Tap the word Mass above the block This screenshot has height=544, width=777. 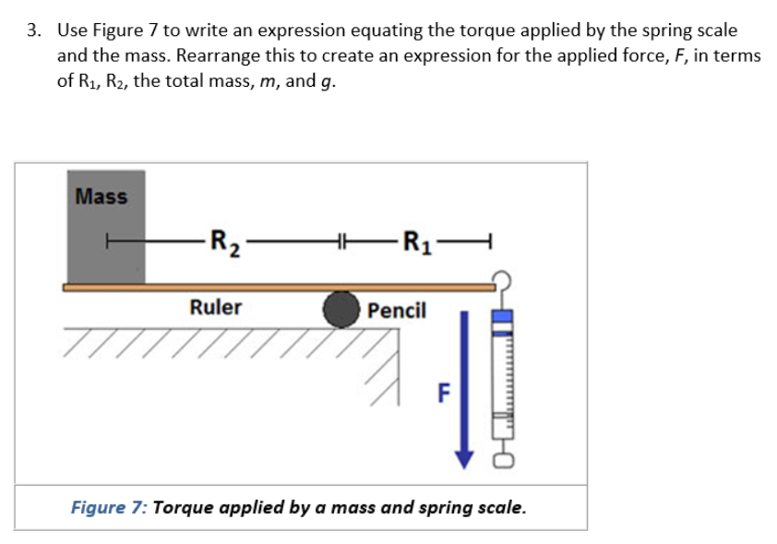pos(102,196)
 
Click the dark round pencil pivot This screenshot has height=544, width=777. pos(341,310)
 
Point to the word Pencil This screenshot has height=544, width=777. pos(397,310)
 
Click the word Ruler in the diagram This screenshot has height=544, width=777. pos(215,307)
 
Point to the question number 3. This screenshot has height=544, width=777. pos(34,30)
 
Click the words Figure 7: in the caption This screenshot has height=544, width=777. pos(110,507)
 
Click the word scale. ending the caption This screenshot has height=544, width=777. pos(502,507)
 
